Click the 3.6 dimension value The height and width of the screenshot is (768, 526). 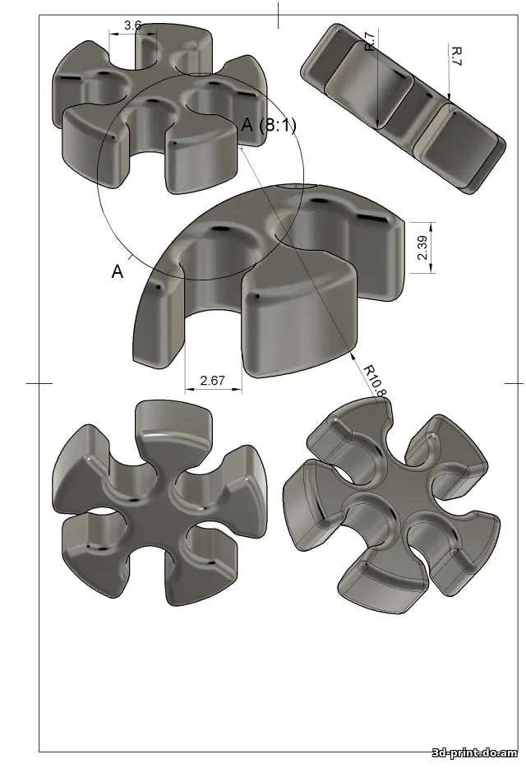(x=132, y=25)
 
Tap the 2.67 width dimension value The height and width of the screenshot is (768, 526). (x=213, y=380)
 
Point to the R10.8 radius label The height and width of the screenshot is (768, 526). (x=373, y=379)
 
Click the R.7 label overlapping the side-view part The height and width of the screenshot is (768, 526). (x=370, y=42)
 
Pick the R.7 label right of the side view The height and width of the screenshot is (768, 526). (x=456, y=57)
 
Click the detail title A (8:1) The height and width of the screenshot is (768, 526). (x=268, y=125)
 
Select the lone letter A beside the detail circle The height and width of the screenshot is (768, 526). (x=118, y=272)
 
